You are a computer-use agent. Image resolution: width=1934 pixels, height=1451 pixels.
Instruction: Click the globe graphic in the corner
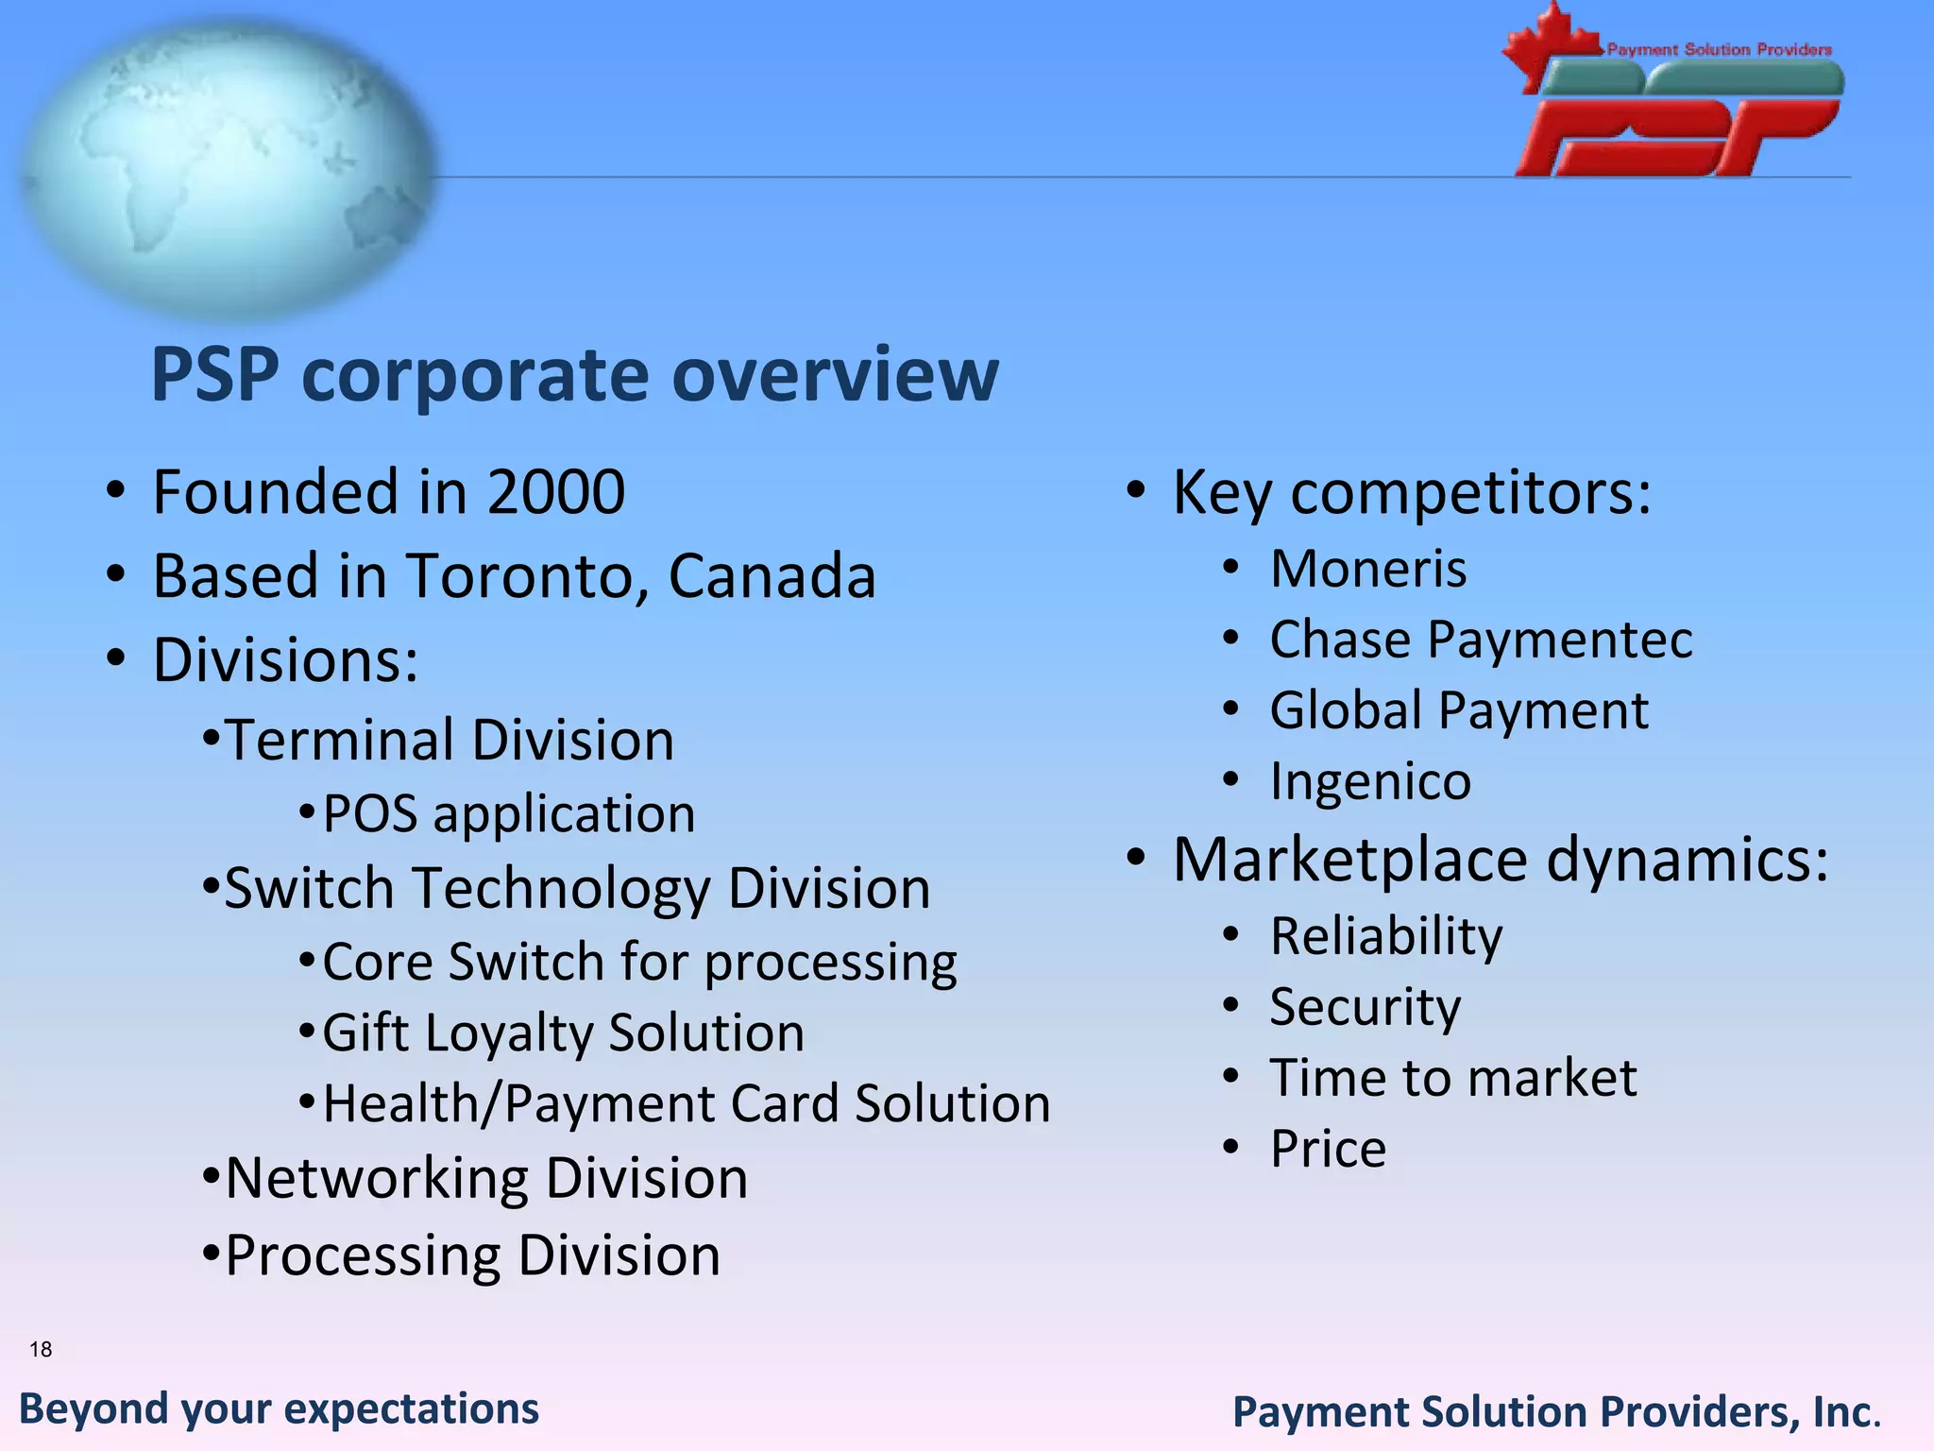227,170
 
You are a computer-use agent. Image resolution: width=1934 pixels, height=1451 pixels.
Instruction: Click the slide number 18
41,1349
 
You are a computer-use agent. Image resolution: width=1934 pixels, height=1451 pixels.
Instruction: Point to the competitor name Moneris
1368,570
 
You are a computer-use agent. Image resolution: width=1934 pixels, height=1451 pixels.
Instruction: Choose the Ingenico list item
1370,782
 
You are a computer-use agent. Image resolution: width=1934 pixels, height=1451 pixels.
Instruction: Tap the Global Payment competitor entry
1459,710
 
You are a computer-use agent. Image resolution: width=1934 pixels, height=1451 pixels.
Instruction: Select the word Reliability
1385,937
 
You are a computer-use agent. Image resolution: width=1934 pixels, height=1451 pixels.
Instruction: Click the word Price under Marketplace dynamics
1328,1150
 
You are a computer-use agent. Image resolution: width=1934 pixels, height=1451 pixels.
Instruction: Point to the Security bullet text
1365,1007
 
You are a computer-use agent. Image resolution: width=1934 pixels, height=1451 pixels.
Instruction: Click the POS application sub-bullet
508,814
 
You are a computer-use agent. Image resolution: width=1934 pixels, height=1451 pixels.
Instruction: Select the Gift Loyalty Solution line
563,1033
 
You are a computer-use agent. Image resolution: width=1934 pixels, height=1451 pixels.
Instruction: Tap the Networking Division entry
486,1179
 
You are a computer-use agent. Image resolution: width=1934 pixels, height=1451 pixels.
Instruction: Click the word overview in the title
835,376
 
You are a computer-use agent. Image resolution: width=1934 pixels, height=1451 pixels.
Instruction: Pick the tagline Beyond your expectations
279,1408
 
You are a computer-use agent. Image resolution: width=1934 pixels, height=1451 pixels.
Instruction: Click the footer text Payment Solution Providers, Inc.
1556,1412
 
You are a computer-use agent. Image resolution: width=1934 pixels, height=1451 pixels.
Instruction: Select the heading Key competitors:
1412,493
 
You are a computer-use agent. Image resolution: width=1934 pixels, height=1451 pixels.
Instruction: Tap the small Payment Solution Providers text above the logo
1719,49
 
